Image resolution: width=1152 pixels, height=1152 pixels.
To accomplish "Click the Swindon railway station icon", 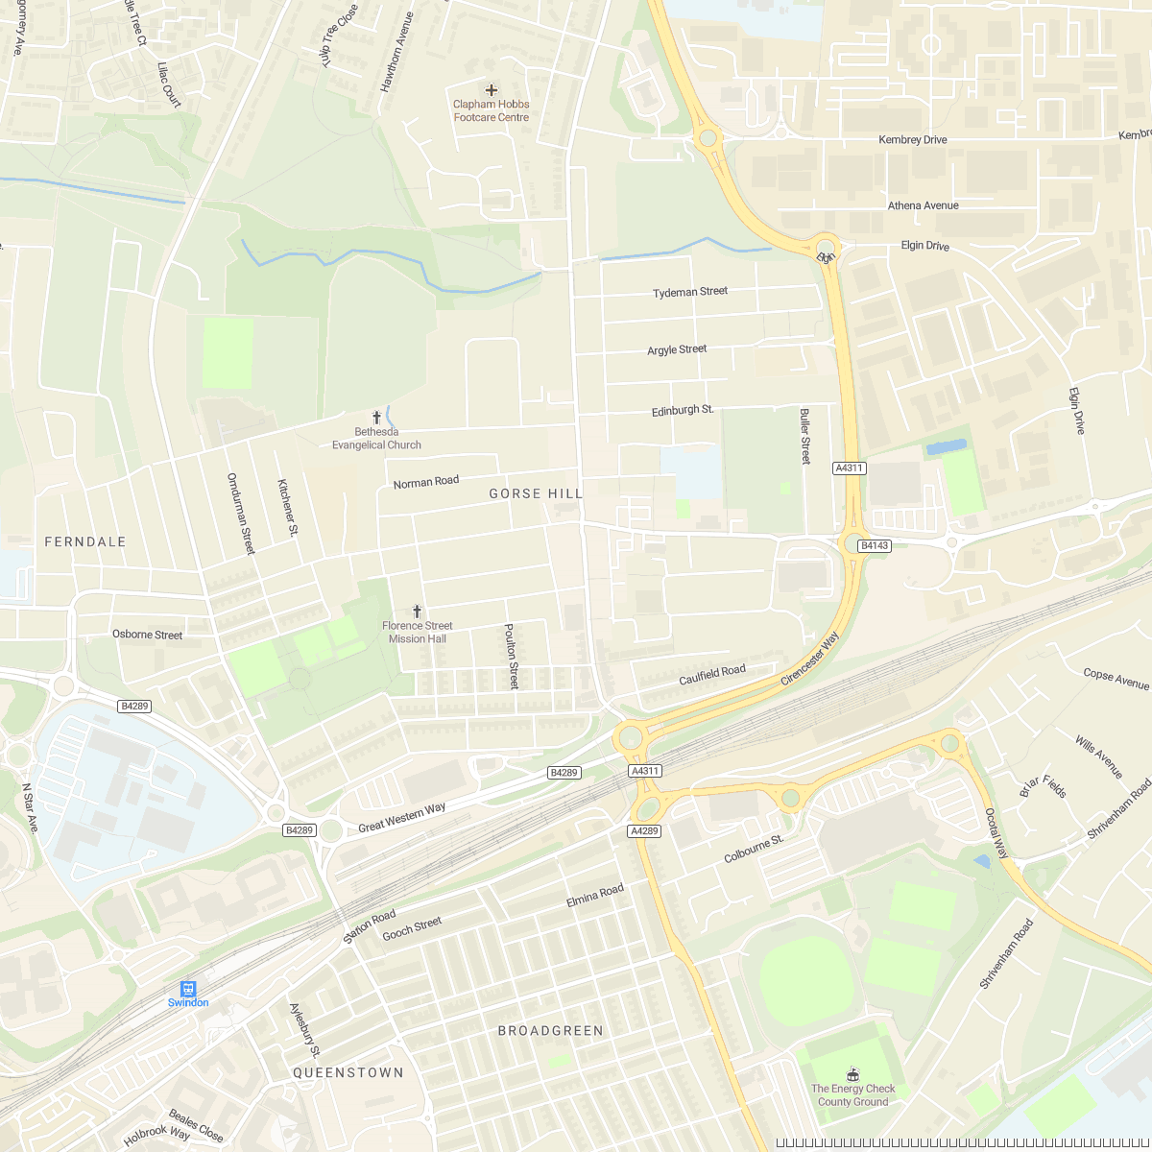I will (x=188, y=988).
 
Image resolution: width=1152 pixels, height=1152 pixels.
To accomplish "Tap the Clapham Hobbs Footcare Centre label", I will (x=492, y=110).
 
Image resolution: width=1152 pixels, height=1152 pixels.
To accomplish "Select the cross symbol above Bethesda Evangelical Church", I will (x=376, y=418).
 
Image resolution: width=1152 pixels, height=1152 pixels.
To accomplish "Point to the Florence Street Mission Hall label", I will (x=417, y=632).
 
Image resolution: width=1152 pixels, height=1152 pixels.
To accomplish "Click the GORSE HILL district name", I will (x=536, y=493).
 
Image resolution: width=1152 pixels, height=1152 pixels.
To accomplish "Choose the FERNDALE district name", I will (x=85, y=541).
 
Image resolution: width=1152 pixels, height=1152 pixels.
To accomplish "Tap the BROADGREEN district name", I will (x=551, y=1030).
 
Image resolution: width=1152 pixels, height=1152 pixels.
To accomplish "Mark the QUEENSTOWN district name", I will (x=348, y=1072).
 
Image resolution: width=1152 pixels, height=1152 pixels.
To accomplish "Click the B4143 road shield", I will (x=874, y=545).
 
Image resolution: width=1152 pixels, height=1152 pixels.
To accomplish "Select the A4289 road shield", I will (x=644, y=830).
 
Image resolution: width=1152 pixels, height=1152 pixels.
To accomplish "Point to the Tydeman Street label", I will (x=690, y=292).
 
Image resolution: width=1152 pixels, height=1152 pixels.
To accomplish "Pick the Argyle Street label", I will (x=677, y=349).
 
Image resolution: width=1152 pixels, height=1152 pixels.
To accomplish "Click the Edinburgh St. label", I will (x=683, y=410).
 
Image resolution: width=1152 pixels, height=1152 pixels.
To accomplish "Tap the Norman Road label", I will (x=426, y=482).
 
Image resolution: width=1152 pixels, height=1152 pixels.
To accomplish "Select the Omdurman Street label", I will (x=241, y=513).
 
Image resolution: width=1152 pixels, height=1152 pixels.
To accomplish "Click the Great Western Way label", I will (x=401, y=817).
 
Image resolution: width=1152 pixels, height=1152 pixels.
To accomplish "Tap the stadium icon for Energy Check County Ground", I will (x=852, y=1072).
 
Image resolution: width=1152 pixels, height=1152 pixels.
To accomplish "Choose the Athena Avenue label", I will (x=923, y=205).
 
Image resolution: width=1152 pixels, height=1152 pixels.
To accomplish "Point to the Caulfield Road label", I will (x=712, y=676).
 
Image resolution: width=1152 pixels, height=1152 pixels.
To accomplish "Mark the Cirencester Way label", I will (x=809, y=659).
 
